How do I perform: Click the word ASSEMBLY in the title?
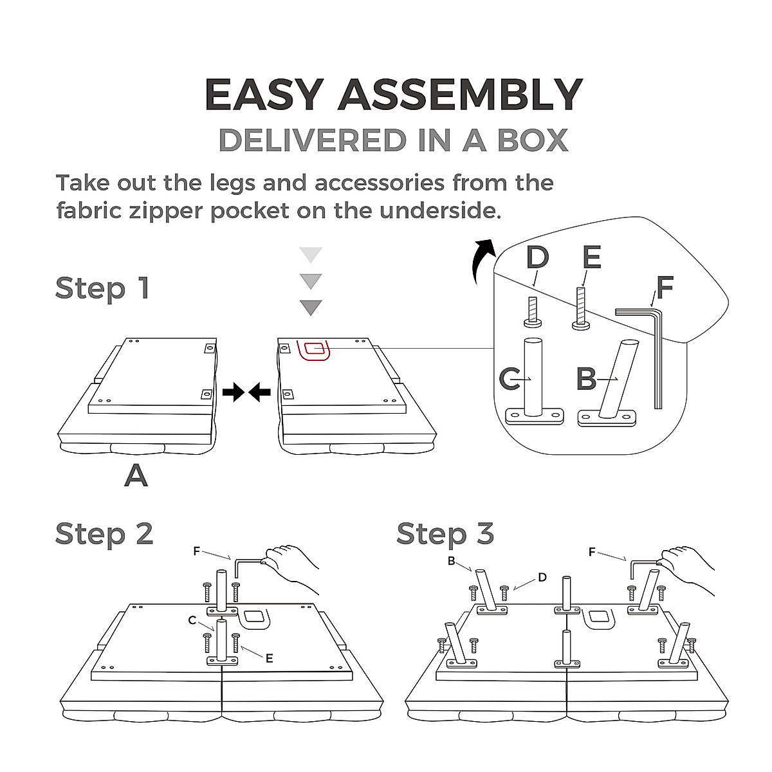pyautogui.click(x=460, y=95)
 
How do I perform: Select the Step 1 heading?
pyautogui.click(x=102, y=288)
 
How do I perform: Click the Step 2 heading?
pyautogui.click(x=104, y=534)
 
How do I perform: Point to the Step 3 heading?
pyautogui.click(x=445, y=534)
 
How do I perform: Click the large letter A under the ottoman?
pyautogui.click(x=136, y=475)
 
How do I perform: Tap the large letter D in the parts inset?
pyautogui.click(x=537, y=258)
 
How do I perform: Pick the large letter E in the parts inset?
pyautogui.click(x=591, y=258)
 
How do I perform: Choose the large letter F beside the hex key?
pyautogui.click(x=665, y=288)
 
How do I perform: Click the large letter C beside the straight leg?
pyautogui.click(x=510, y=379)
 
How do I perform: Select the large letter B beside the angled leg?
pyautogui.click(x=586, y=379)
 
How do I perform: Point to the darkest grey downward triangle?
pyautogui.click(x=311, y=307)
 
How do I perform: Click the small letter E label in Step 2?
pyautogui.click(x=269, y=658)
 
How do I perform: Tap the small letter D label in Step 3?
pyautogui.click(x=542, y=577)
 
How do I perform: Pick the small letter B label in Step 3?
pyautogui.click(x=452, y=561)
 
